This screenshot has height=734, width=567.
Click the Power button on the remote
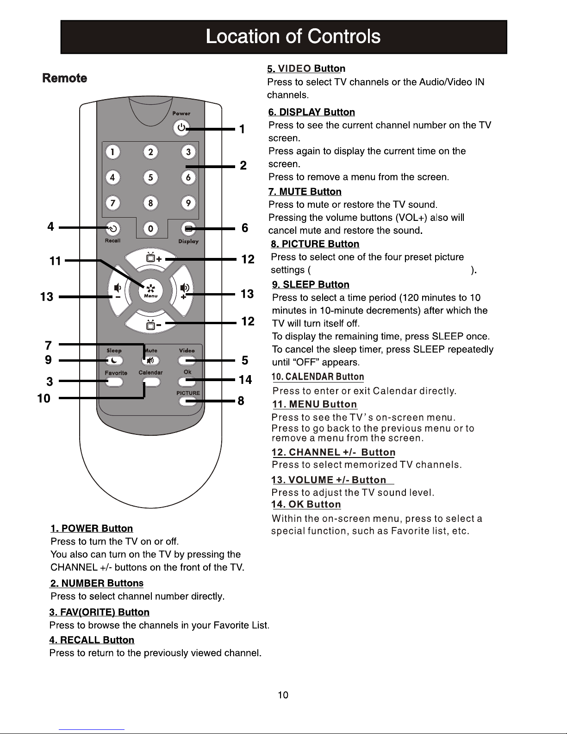pyautogui.click(x=181, y=128)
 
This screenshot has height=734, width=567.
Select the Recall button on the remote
pyautogui.click(x=113, y=228)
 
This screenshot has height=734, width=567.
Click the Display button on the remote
pyautogui.click(x=188, y=228)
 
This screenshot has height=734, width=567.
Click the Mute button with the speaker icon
pyautogui.click(x=151, y=361)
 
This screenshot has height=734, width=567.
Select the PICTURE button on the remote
pyautogui.click(x=187, y=401)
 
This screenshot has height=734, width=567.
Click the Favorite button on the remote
pyautogui.click(x=114, y=382)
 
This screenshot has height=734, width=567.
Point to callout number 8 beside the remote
pyautogui.click(x=241, y=401)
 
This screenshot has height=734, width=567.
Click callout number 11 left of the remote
pyautogui.click(x=55, y=261)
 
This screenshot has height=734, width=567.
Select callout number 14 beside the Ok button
pyautogui.click(x=245, y=380)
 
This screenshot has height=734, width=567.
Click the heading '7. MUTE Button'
pyautogui.click(x=305, y=192)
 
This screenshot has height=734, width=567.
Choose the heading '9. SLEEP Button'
pyautogui.click(x=311, y=284)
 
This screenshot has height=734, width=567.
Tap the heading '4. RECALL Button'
pyautogui.click(x=92, y=640)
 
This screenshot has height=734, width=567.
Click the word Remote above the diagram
pyautogui.click(x=64, y=78)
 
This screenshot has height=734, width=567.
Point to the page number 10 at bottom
pyautogui.click(x=283, y=695)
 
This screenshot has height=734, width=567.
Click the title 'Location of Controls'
pyautogui.click(x=293, y=37)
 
